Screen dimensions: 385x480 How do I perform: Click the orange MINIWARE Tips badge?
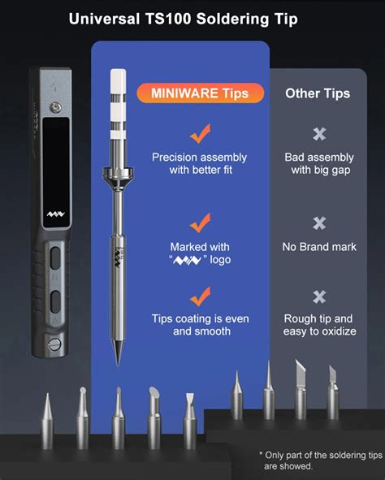pyautogui.click(x=200, y=93)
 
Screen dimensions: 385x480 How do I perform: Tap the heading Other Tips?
pyautogui.click(x=318, y=93)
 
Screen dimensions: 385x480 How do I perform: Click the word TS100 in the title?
pyautogui.click(x=168, y=19)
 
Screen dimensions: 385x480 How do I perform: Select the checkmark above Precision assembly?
pyautogui.click(x=201, y=133)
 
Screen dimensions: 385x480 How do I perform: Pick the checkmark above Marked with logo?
pyautogui.click(x=201, y=223)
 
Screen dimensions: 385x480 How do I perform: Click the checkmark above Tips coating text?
pyautogui.click(x=201, y=296)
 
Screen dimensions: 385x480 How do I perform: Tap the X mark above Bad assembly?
pyautogui.click(x=319, y=134)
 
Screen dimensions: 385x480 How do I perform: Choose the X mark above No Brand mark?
pyautogui.click(x=319, y=223)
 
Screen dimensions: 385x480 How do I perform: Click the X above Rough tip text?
pyautogui.click(x=319, y=296)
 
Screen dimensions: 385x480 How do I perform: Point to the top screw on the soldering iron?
pyautogui.click(x=56, y=107)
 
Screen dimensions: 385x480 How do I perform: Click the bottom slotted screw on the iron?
pyautogui.click(x=54, y=344)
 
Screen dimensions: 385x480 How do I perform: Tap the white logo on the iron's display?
pyautogui.click(x=56, y=214)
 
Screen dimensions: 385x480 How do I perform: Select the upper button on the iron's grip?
pyautogui.click(x=55, y=258)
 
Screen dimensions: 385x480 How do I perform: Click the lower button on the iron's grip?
pyautogui.click(x=55, y=302)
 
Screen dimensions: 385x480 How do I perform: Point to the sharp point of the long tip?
pyautogui.click(x=118, y=365)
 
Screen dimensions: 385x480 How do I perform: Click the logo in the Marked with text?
pyautogui.click(x=188, y=260)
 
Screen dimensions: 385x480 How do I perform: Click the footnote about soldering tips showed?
pyautogui.click(x=321, y=461)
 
